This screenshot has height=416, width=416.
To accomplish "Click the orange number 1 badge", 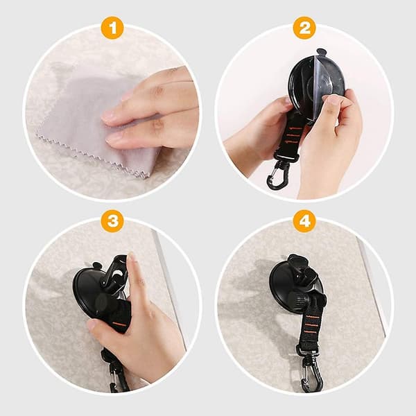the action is (112, 28).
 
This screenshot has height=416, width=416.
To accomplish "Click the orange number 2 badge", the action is (304, 28).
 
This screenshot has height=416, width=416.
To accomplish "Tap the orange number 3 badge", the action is (112, 220).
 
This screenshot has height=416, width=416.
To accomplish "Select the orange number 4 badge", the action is (304, 220).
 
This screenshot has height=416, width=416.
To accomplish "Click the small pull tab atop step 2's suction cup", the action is (321, 52).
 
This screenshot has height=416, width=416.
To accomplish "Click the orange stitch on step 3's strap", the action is (120, 324).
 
